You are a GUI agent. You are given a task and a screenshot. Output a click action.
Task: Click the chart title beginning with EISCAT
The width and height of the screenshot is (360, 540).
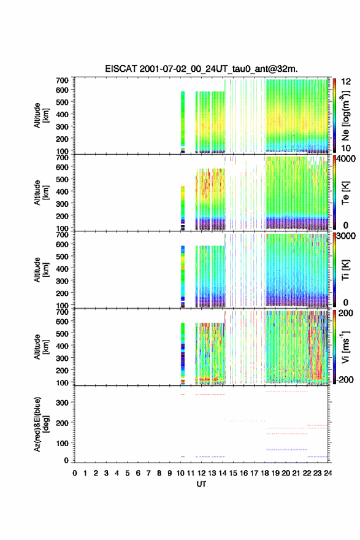tap(201, 69)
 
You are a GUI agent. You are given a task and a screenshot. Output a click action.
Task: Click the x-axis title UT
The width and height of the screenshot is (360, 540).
tap(201, 484)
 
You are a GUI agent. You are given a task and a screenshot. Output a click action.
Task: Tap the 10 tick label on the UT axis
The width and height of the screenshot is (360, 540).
tap(180, 473)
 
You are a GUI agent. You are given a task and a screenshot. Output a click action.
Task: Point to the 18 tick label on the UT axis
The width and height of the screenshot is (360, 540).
tap(265, 473)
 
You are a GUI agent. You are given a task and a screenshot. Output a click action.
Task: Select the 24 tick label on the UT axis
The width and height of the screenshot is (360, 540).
tap(328, 473)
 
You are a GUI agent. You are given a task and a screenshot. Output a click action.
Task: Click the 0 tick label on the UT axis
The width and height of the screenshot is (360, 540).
tap(75, 473)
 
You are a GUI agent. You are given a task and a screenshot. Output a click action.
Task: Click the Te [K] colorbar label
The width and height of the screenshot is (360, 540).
tap(345, 193)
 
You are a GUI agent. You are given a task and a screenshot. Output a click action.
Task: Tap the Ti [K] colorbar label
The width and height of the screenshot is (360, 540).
tap(345, 270)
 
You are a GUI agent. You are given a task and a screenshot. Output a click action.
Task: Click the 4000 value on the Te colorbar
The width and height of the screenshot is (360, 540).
tap(347, 159)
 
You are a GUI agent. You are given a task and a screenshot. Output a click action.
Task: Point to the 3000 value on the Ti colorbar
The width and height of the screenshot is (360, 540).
tap(347, 236)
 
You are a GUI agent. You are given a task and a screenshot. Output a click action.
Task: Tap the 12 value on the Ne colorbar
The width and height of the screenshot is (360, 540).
tap(347, 82)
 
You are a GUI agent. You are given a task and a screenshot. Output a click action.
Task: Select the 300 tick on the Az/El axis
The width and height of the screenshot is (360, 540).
tap(62, 403)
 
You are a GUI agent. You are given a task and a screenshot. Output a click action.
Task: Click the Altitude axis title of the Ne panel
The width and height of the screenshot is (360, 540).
tap(40, 115)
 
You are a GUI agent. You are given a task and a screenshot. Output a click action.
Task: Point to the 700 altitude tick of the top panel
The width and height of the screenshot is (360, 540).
tap(62, 80)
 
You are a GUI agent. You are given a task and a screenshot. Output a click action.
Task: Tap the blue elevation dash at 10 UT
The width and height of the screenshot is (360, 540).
tap(183, 457)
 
